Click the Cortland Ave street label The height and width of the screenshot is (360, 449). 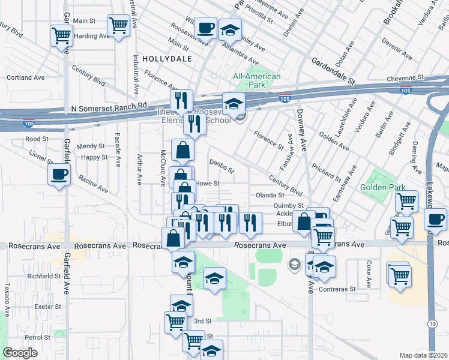click(x=26, y=77)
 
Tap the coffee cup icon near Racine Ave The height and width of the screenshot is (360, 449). click(x=59, y=175)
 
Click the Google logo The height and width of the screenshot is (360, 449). click(x=20, y=353)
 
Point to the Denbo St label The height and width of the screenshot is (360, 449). click(x=221, y=162)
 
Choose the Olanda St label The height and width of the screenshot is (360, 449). click(x=270, y=195)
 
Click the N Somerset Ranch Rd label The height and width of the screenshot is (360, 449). click(x=109, y=106)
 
